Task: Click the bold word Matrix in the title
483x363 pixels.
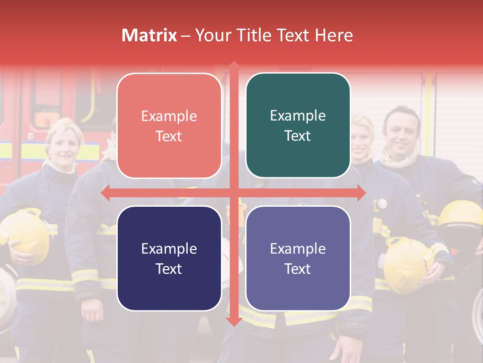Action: pos(149,35)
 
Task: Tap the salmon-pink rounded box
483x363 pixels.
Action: pos(169,126)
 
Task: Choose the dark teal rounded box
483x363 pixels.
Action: pos(298,126)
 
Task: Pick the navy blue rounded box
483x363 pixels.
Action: pos(169,258)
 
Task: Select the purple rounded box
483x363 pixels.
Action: pos(298,258)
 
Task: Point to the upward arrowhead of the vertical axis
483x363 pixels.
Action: pos(233,66)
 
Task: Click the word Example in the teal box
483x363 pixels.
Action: pos(298,116)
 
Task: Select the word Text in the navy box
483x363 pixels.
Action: pos(169,269)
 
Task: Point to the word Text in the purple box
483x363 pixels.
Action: pos(298,269)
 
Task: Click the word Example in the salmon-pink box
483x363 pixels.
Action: pos(169,116)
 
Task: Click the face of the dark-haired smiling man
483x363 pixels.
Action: pos(401,133)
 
